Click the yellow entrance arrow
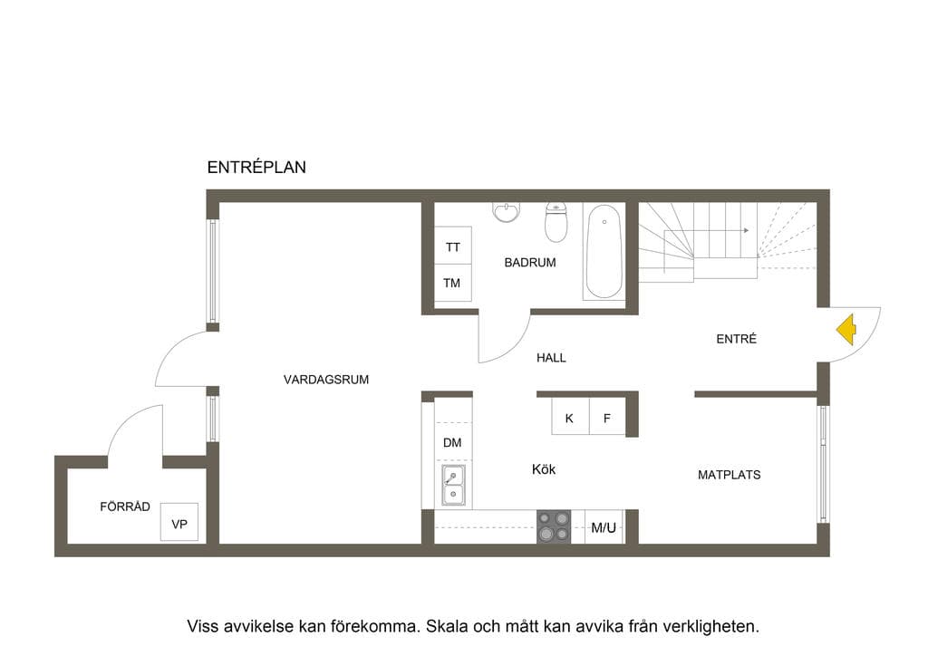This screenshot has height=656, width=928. tap(847, 330)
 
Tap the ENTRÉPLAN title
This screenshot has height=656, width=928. tap(256, 168)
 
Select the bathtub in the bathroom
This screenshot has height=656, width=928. tap(604, 251)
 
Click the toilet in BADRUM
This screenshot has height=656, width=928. tap(556, 222)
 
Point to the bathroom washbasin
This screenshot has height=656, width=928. tap(506, 212)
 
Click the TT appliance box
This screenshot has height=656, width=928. tap(453, 246)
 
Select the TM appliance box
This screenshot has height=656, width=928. tap(453, 283)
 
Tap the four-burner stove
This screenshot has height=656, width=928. tap(554, 526)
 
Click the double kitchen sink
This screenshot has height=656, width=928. tap(453, 486)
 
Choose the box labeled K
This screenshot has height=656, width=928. tap(570, 417)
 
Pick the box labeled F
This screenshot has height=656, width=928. tap(607, 417)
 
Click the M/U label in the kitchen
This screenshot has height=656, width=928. tap(604, 527)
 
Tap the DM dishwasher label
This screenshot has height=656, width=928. tap(452, 442)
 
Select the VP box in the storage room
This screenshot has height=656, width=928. tap(179, 522)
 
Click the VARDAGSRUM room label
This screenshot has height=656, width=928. tap(326, 380)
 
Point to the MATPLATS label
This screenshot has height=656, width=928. tap(730, 475)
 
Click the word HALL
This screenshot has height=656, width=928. tap(551, 357)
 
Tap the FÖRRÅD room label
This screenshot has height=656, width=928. tap(125, 506)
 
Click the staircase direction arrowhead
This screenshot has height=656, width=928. tap(747, 230)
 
